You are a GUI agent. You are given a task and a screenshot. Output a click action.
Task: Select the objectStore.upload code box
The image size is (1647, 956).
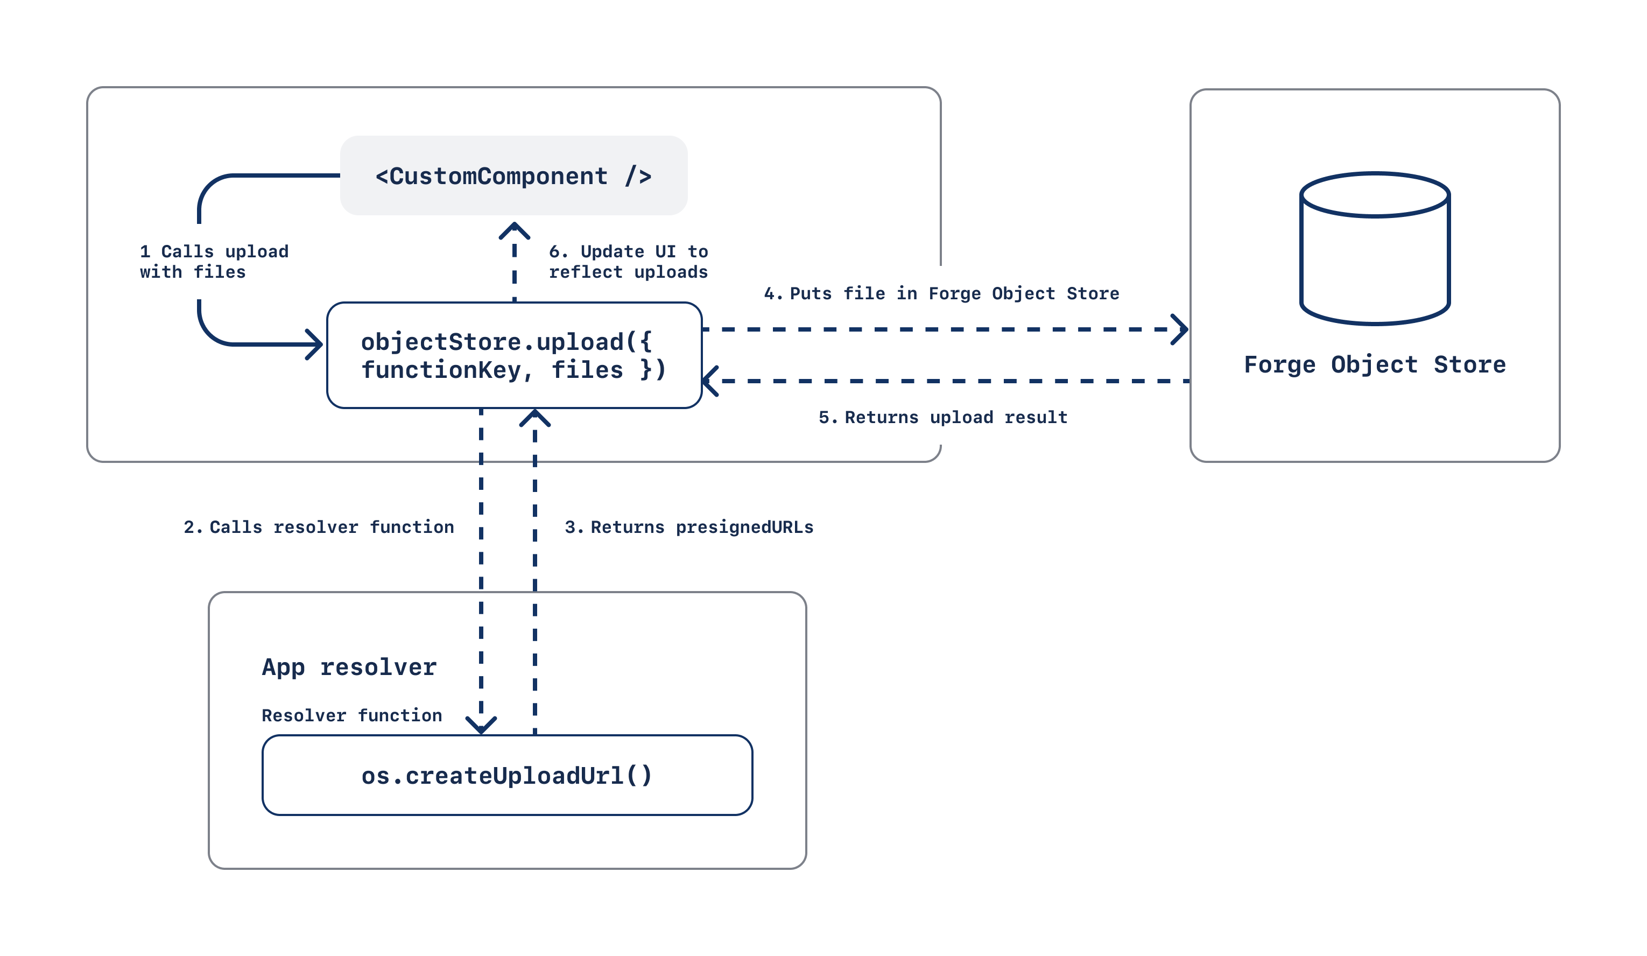(x=513, y=355)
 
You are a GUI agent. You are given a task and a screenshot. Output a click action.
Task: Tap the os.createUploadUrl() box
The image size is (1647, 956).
(x=507, y=775)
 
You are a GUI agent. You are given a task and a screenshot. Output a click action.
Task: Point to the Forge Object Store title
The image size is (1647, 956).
(x=1375, y=364)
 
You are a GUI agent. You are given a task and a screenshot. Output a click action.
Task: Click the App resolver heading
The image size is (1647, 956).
(x=349, y=666)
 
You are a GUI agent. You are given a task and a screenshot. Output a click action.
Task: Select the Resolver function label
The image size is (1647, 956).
(x=351, y=715)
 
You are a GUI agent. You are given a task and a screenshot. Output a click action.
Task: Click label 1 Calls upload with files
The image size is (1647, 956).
(x=213, y=262)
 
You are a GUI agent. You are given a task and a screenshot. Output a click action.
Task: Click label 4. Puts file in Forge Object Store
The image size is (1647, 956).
(x=941, y=293)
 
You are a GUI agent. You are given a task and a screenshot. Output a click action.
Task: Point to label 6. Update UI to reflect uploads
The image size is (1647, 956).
(x=628, y=262)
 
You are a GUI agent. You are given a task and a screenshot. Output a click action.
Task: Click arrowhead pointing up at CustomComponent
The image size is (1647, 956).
(x=515, y=229)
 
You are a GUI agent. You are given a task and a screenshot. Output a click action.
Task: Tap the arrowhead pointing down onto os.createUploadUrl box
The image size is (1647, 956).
(x=481, y=725)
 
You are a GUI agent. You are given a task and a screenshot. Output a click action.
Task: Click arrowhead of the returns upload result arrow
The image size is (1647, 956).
(x=710, y=381)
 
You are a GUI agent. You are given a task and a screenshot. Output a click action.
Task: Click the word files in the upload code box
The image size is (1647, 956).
(x=587, y=370)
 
